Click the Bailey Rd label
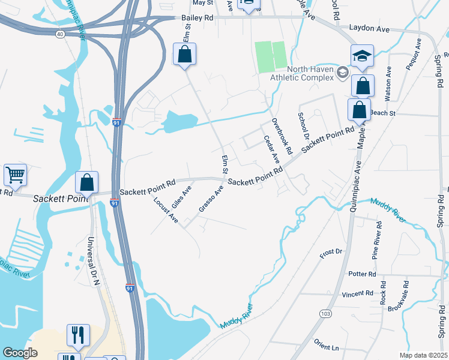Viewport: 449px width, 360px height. click(x=197, y=19)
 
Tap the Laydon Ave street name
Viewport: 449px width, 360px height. click(x=369, y=28)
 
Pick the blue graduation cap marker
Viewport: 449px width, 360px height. click(x=362, y=56)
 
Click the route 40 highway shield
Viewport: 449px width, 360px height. click(x=59, y=34)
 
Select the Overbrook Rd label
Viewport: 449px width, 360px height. click(x=281, y=134)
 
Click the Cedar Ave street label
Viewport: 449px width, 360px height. click(x=272, y=149)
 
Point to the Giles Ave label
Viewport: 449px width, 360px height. click(x=181, y=195)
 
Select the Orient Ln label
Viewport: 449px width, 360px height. click(x=327, y=346)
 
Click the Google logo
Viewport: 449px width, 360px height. click(x=20, y=353)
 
